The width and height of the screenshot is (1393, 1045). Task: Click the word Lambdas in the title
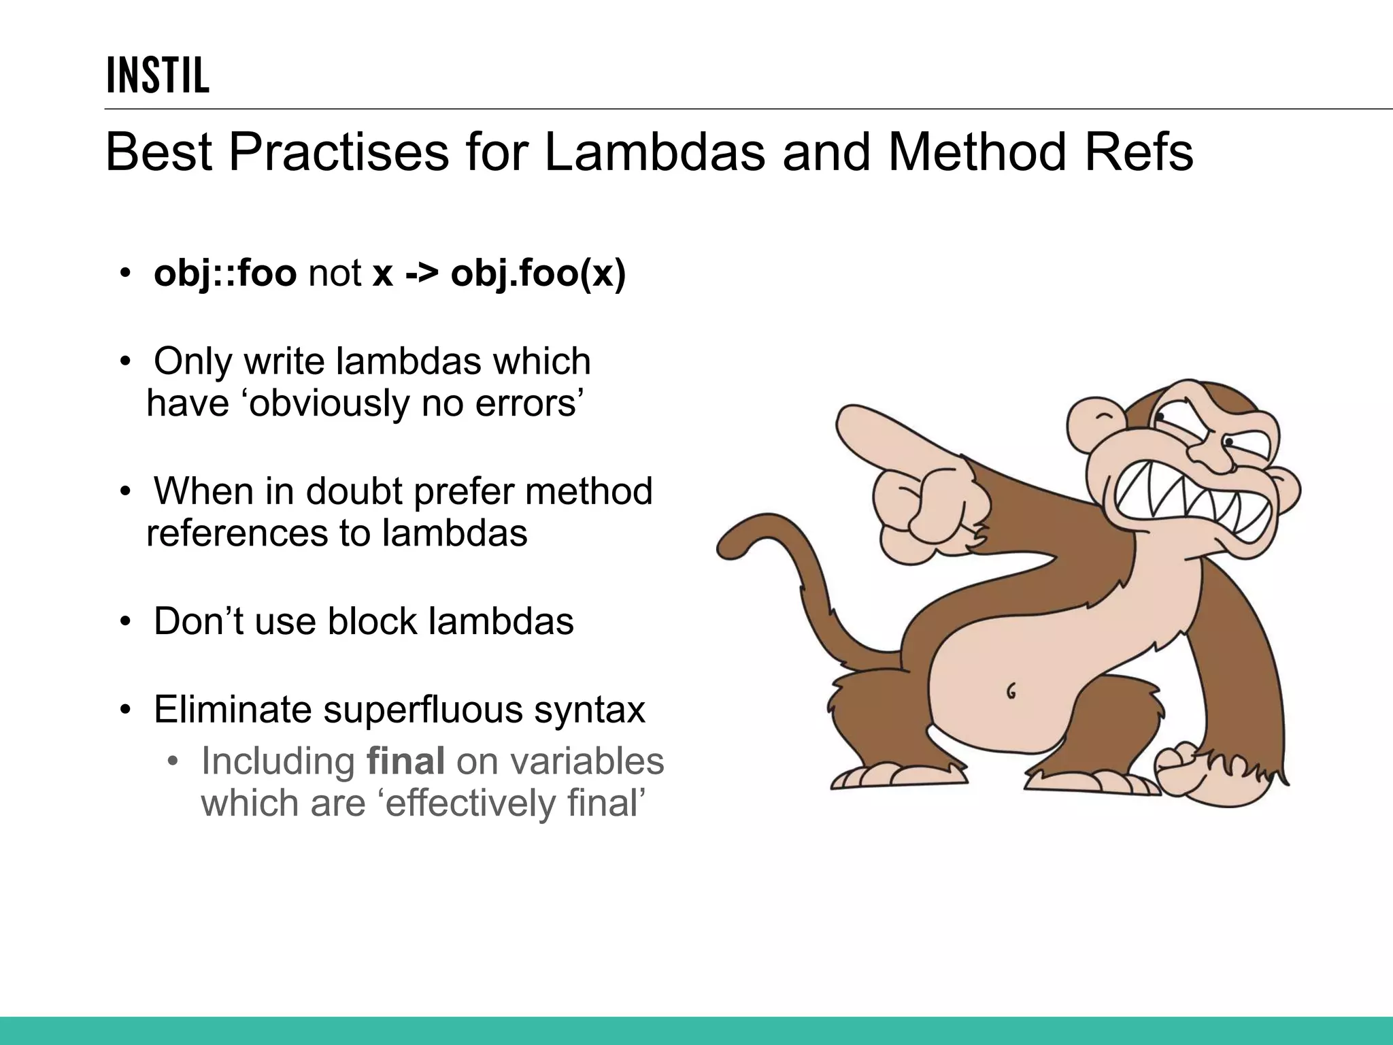point(654,152)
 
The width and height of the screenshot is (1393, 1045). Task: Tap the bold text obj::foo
point(225,273)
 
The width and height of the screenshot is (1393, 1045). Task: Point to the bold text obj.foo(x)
point(538,273)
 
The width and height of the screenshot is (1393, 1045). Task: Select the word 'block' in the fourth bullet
point(372,621)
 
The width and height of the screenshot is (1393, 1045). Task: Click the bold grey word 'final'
point(405,761)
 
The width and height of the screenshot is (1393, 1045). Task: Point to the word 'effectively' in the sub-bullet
point(470,803)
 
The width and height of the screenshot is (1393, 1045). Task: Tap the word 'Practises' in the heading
point(339,152)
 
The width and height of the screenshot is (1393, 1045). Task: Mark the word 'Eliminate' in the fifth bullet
point(233,710)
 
